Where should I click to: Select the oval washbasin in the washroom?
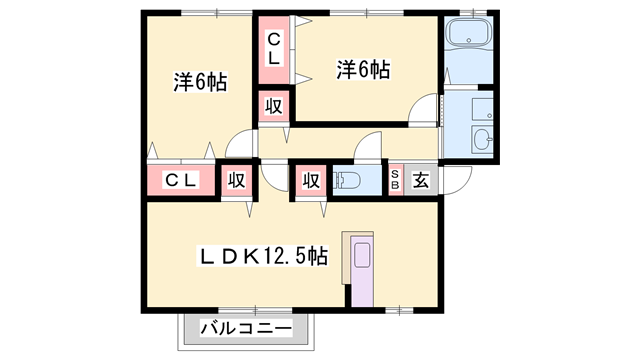pyautogui.click(x=481, y=141)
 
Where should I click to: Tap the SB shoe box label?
pyautogui.click(x=395, y=180)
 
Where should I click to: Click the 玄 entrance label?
pyautogui.click(x=421, y=180)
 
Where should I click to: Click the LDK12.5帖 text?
pyautogui.click(x=260, y=256)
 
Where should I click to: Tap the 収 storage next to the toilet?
pyautogui.click(x=309, y=180)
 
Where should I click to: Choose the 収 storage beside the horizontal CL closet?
pyautogui.click(x=236, y=180)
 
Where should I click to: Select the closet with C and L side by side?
pyautogui.click(x=181, y=180)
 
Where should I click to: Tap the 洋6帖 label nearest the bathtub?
pyautogui.click(x=363, y=69)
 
